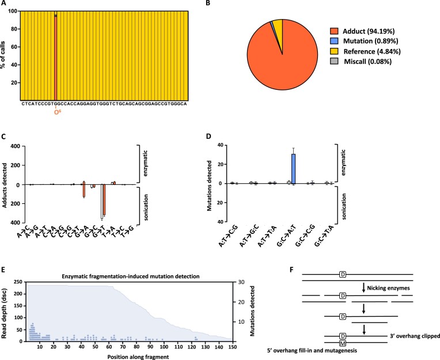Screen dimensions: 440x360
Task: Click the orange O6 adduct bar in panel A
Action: (x=55, y=58)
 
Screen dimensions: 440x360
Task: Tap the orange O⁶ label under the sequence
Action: (x=58, y=112)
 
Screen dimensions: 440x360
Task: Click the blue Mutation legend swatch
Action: (x=334, y=41)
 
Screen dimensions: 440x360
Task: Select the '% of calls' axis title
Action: (x=3, y=55)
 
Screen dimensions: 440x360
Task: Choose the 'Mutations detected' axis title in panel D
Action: (x=209, y=185)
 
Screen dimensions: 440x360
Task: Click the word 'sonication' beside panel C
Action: (x=146, y=207)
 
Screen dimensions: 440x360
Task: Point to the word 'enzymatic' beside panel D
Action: (x=344, y=163)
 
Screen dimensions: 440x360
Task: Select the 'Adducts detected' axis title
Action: (x=5, y=185)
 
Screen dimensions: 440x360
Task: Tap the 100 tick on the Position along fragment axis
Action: (x=164, y=347)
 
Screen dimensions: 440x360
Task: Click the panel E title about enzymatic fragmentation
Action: (x=131, y=276)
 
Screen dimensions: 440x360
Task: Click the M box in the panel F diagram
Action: (x=342, y=343)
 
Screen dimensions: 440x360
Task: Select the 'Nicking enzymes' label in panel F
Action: (x=388, y=288)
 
